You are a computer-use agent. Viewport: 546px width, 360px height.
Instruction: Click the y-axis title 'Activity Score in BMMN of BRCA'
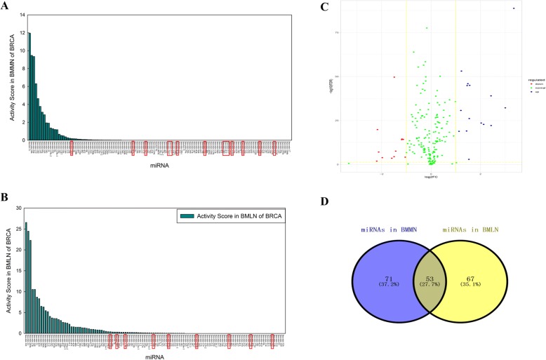tap(12, 77)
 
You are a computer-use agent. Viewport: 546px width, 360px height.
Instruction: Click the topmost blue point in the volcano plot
tap(514, 8)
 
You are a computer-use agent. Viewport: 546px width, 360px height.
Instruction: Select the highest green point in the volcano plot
tap(427, 28)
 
